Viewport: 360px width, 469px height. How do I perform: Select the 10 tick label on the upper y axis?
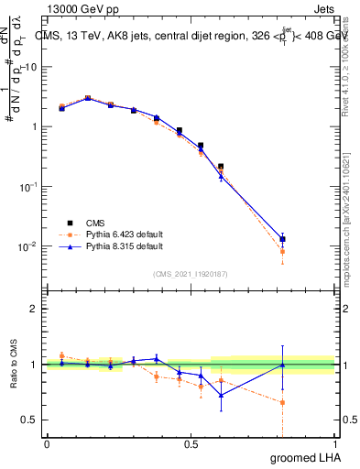pyautogui.click(x=31, y=67)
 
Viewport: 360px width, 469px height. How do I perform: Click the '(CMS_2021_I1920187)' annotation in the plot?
pyautogui.click(x=190, y=273)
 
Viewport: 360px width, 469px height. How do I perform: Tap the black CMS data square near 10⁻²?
pyautogui.click(x=282, y=239)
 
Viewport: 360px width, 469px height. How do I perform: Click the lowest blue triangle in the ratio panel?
pyautogui.click(x=221, y=396)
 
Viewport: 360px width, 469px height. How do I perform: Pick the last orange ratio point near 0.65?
pyautogui.click(x=282, y=402)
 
